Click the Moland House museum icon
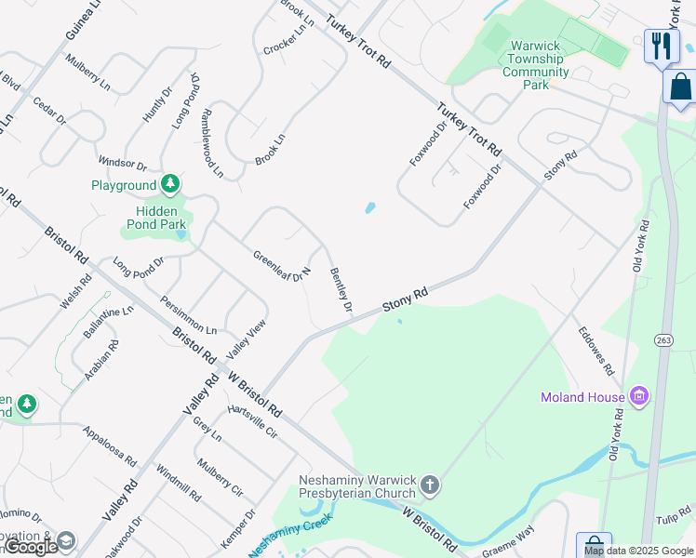[x=638, y=397]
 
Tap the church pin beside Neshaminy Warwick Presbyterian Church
[x=429, y=485]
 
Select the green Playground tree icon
[x=169, y=185]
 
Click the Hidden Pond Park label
[x=156, y=218]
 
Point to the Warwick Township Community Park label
[x=535, y=65]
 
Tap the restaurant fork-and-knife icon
[x=662, y=45]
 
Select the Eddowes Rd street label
[x=596, y=351]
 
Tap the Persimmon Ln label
[x=188, y=316]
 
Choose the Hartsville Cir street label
[x=252, y=420]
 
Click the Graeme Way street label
[x=508, y=541]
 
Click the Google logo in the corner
[x=31, y=547]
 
